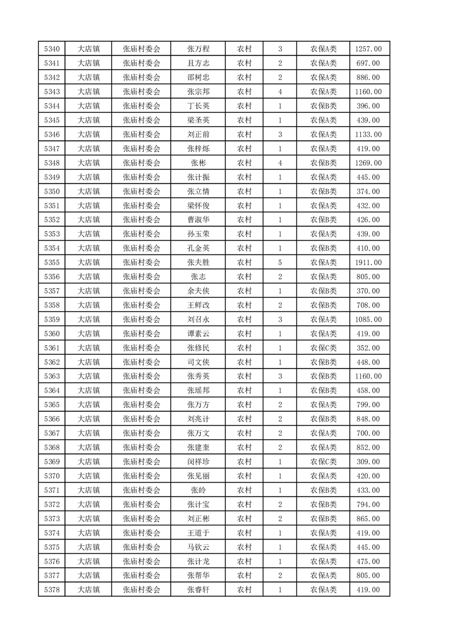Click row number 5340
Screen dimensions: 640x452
[51, 49]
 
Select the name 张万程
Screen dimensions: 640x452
[198, 49]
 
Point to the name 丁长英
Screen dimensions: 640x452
[198, 106]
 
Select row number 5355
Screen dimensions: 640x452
[51, 262]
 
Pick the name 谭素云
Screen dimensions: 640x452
[198, 334]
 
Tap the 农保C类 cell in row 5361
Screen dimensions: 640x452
[323, 348]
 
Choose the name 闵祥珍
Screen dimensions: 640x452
[198, 461]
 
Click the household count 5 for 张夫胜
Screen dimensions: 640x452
[280, 262]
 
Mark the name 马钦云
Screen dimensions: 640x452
[198, 547]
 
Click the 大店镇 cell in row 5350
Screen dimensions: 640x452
[89, 191]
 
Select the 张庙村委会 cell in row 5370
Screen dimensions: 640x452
[142, 476]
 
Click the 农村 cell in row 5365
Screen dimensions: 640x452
[244, 405]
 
